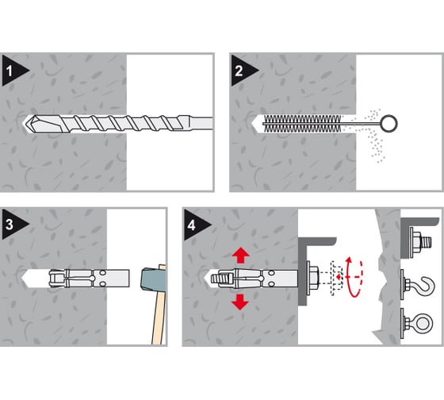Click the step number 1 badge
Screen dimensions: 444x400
[13, 71]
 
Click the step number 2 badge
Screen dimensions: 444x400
[242, 71]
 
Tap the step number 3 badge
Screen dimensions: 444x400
[13, 225]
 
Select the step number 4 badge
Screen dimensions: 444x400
[195, 225]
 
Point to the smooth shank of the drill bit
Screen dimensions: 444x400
[201, 123]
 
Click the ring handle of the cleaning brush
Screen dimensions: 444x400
[389, 123]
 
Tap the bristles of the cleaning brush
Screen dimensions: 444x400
[302, 124]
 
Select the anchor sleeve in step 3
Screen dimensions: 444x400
[89, 279]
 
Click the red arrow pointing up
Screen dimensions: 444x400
[241, 255]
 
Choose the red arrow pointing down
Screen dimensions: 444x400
[240, 302]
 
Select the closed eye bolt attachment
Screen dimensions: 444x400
[417, 323]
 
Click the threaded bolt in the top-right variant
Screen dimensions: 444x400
[427, 243]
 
